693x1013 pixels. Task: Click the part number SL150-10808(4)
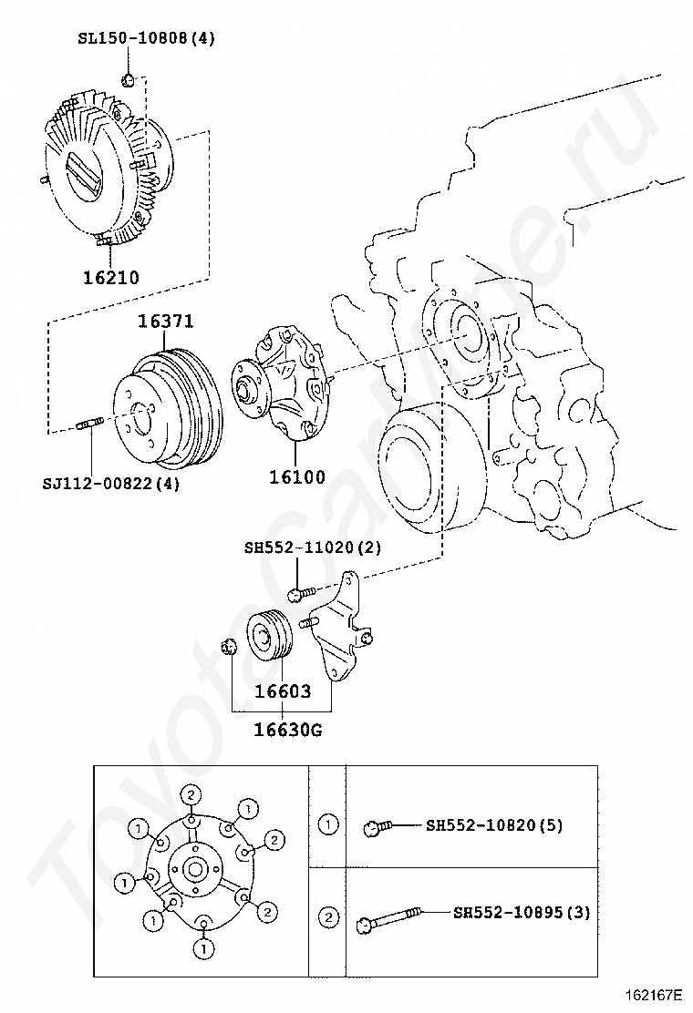[x=146, y=38]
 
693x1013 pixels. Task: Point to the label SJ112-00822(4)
[x=111, y=483]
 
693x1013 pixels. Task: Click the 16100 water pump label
[x=296, y=476]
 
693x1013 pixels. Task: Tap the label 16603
[x=282, y=691]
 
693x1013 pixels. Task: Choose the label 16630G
[x=287, y=729]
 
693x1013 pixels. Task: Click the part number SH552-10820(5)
[x=494, y=825]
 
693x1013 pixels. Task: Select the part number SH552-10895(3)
[x=522, y=912]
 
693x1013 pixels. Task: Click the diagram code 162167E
[x=654, y=994]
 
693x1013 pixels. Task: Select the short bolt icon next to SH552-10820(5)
[x=377, y=827]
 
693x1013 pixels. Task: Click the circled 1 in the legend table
[x=326, y=825]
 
